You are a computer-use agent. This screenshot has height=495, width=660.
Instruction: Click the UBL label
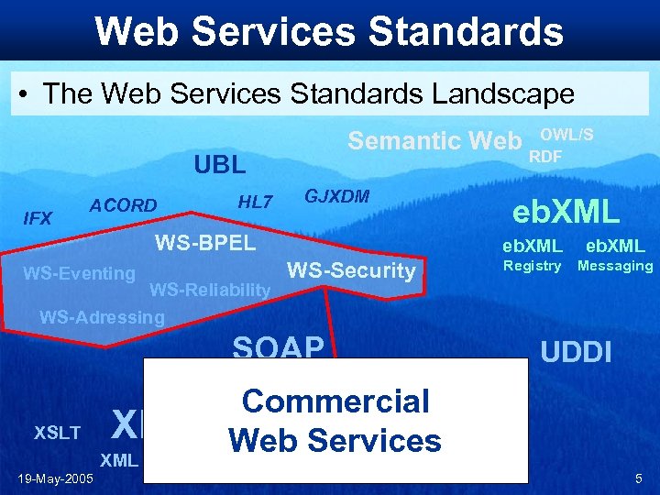coord(220,165)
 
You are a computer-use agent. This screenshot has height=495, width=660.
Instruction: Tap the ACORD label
coord(123,205)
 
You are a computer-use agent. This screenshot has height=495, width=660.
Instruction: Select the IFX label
coord(38,218)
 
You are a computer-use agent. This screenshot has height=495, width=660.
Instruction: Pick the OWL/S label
coord(573,134)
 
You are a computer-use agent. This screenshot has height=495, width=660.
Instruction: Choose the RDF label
coord(545,157)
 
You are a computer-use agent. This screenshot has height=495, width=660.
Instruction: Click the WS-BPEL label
coord(205,243)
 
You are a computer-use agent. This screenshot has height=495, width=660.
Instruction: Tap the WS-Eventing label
coord(79,272)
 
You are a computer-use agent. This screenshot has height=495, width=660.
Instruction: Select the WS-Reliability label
coord(210,291)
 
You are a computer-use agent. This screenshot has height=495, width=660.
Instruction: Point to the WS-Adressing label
coord(102,318)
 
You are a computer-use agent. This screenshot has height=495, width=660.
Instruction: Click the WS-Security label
coord(351,270)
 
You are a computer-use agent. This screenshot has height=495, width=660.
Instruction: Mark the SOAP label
coord(279,347)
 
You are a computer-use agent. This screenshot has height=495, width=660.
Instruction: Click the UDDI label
coord(576,352)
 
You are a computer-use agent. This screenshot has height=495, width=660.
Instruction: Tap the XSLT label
coord(57,433)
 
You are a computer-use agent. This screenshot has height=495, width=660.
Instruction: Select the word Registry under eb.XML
coord(532,266)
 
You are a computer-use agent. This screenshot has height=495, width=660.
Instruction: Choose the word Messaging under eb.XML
coord(614,266)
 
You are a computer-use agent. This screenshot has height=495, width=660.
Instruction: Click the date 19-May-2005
coord(54,477)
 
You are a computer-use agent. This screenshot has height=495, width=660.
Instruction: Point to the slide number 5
coord(638,478)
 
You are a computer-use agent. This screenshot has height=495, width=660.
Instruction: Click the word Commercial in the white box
coord(335,401)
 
